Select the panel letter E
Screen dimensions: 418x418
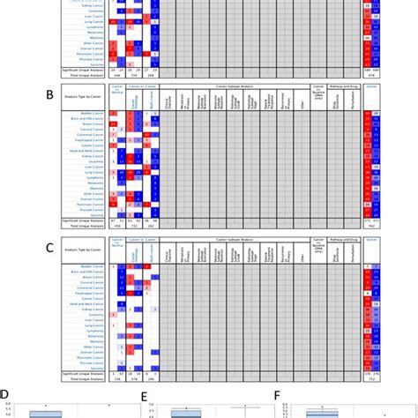point(143,399)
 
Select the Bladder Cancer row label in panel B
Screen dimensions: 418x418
point(92,115)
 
